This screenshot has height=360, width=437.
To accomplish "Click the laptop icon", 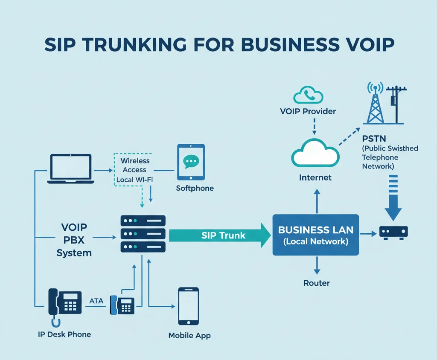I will (x=71, y=169).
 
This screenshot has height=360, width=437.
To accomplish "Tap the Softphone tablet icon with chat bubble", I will (x=191, y=162).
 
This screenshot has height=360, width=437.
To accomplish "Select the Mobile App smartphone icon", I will (x=188, y=306).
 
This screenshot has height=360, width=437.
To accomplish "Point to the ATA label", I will (x=96, y=301).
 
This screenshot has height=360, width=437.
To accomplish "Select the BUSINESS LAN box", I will (x=315, y=235).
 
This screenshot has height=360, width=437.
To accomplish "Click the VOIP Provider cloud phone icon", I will (x=308, y=95).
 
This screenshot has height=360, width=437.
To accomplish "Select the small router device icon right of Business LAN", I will (x=393, y=232).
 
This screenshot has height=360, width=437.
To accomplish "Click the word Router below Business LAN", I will (x=316, y=283).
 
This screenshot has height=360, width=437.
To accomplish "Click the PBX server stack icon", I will (x=143, y=233).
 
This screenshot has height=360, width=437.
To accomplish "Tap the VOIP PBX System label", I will (x=74, y=239).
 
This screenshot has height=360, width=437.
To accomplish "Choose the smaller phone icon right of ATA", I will (x=122, y=305).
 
